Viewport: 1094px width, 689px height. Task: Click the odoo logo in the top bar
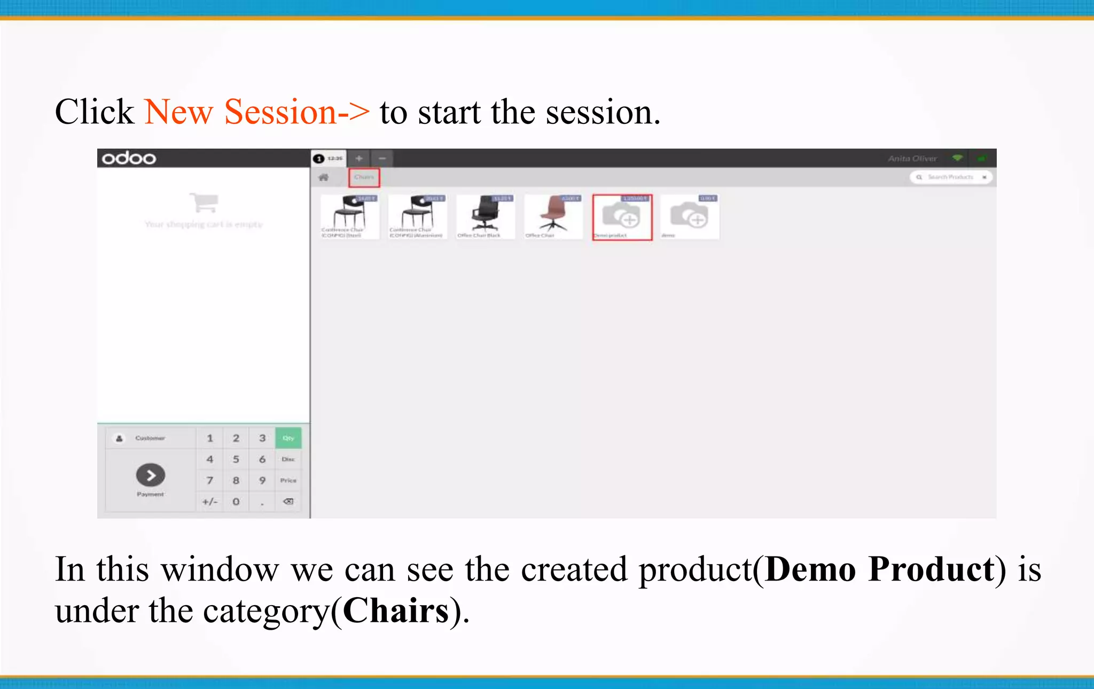pos(129,158)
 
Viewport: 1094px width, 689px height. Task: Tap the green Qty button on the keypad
pos(288,438)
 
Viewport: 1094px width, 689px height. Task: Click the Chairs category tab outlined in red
pos(364,177)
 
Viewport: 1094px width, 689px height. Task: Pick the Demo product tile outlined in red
pos(622,217)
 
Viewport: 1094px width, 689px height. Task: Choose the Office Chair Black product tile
pos(485,217)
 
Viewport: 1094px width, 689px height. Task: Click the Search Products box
pos(950,177)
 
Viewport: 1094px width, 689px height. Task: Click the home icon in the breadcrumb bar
pos(324,177)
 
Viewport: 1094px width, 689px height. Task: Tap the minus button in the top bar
pos(382,159)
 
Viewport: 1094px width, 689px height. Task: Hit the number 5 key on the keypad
pos(236,459)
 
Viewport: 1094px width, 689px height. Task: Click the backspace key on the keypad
pos(288,502)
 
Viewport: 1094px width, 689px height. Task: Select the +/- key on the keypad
pos(209,502)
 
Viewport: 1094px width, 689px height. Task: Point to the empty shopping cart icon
pos(204,202)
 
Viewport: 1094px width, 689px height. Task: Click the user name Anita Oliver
pos(912,159)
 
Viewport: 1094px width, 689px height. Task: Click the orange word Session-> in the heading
pos(296,112)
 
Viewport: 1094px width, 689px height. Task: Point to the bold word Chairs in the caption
pos(396,610)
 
